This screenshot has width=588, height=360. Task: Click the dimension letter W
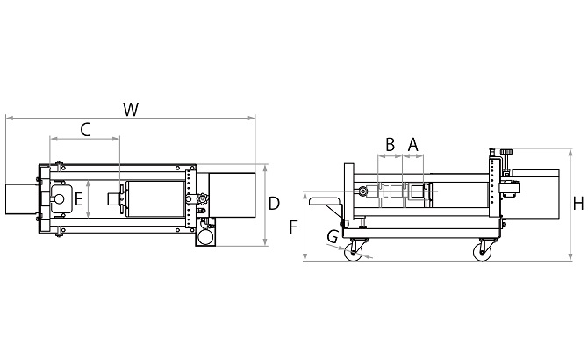pyautogui.click(x=131, y=110)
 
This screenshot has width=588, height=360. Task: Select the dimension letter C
pyautogui.click(x=85, y=130)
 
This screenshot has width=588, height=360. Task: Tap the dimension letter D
pyautogui.click(x=274, y=204)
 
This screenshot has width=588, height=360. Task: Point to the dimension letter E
pyautogui.click(x=78, y=199)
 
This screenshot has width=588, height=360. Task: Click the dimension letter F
pyautogui.click(x=293, y=227)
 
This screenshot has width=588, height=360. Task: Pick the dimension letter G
pyautogui.click(x=333, y=237)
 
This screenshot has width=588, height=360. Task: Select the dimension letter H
pyautogui.click(x=578, y=204)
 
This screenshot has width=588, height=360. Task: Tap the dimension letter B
pyautogui.click(x=390, y=144)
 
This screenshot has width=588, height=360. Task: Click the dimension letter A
pyautogui.click(x=412, y=144)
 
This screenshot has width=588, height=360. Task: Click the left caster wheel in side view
pyautogui.click(x=354, y=252)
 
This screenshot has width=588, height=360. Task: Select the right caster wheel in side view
pyautogui.click(x=483, y=252)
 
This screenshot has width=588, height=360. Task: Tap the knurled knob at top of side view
pyautogui.click(x=506, y=152)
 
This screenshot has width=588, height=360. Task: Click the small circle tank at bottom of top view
pyautogui.click(x=205, y=236)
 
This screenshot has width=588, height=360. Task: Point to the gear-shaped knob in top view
pyautogui.click(x=203, y=198)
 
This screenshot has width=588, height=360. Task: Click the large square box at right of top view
pyautogui.click(x=232, y=195)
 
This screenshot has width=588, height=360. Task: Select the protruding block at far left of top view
pyautogui.click(x=21, y=199)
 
